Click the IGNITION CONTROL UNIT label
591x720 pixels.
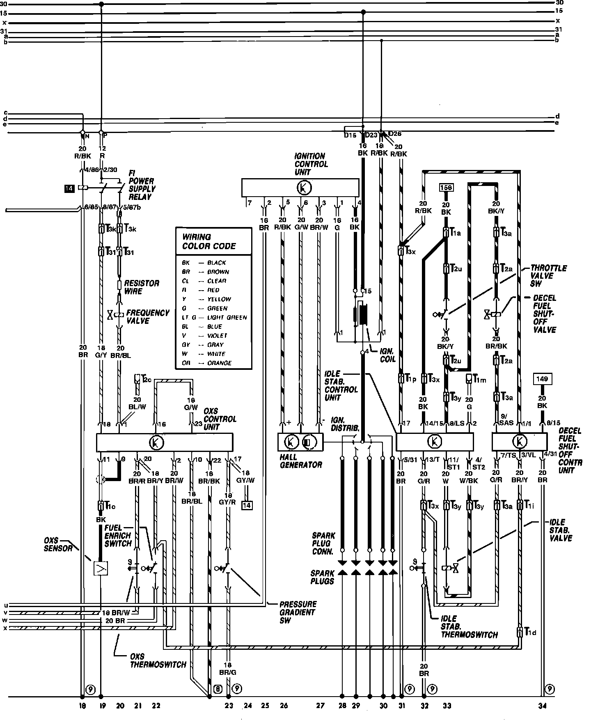tap(311, 164)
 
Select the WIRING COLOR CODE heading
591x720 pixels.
tap(209, 242)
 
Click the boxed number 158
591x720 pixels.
tap(446, 188)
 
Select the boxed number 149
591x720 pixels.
tap(542, 379)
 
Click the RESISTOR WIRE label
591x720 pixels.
tap(142, 287)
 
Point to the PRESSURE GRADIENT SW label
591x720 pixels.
tap(298, 612)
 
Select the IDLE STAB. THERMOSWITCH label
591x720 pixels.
tap(469, 626)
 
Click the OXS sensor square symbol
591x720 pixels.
tap(101, 568)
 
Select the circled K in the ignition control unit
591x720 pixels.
tap(304, 188)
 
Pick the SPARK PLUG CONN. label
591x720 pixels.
tap(323, 544)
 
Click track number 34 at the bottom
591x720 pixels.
tap(543, 706)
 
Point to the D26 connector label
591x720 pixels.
tap(394, 133)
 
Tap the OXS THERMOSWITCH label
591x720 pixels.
tap(158, 660)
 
